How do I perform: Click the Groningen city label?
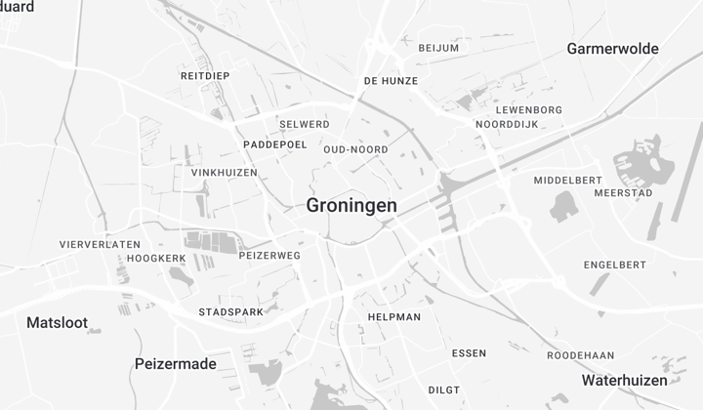click(351, 206)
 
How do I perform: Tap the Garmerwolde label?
click(612, 48)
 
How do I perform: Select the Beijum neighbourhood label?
click(438, 48)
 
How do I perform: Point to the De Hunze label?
click(391, 81)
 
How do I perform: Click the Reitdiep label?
click(205, 75)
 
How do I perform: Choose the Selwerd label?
click(304, 125)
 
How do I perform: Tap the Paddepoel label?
click(274, 144)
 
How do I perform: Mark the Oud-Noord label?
click(355, 149)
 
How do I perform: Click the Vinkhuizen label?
click(225, 173)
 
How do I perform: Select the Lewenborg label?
click(529, 110)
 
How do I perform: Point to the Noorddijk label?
click(509, 126)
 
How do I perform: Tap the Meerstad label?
click(623, 193)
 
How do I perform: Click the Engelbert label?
click(615, 265)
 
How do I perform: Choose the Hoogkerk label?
click(156, 259)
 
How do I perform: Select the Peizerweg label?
click(269, 255)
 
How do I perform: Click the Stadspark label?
click(231, 312)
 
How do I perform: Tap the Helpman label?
click(394, 317)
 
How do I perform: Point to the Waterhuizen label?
click(625, 380)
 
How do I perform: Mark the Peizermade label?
click(175, 363)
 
